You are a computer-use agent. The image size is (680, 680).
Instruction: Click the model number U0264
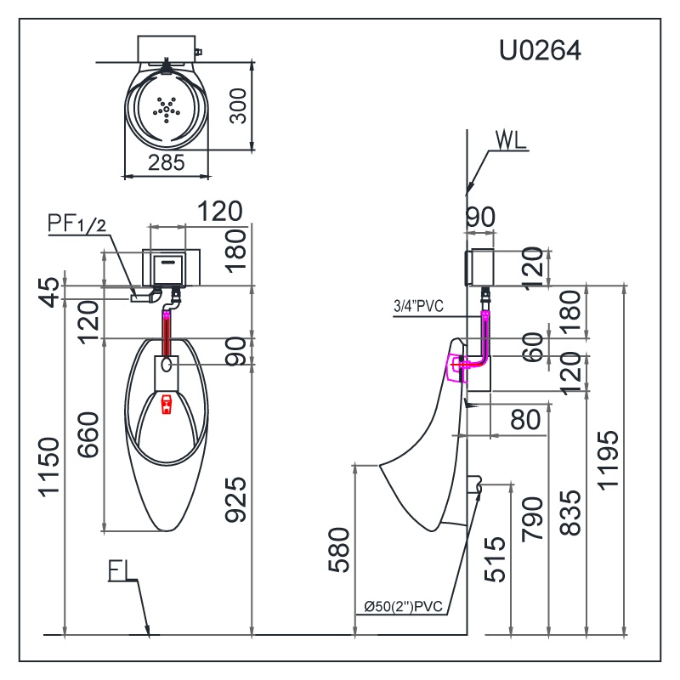tap(540, 52)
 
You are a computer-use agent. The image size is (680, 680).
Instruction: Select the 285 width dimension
tap(166, 163)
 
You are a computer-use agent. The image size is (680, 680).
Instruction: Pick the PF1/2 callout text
tap(76, 224)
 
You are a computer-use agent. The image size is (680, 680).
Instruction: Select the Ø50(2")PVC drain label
tap(404, 606)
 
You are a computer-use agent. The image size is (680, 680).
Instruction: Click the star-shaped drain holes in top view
tap(167, 106)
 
